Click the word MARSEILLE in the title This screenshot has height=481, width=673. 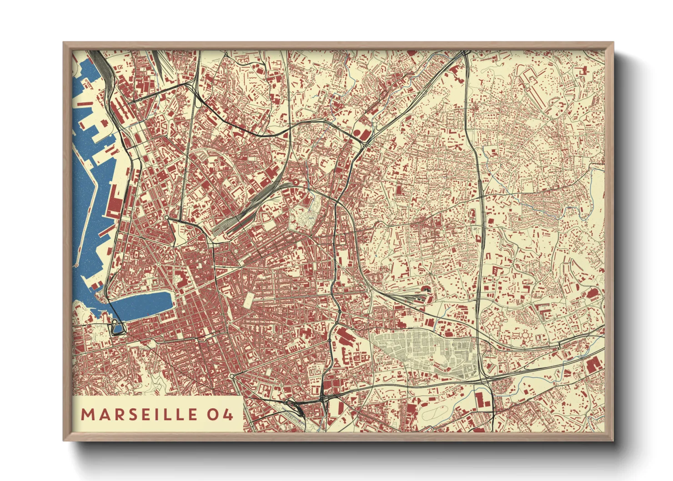click(139, 414)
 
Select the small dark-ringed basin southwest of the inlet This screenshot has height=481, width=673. click(117, 327)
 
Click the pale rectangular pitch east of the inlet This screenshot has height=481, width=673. click(249, 299)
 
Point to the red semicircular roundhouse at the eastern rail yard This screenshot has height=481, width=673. click(426, 288)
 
